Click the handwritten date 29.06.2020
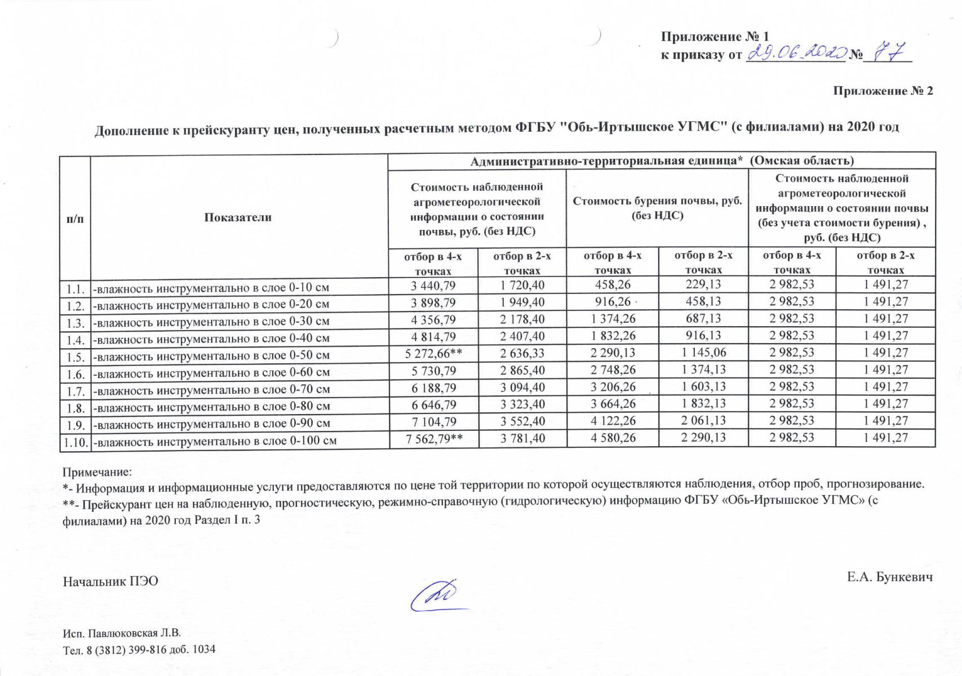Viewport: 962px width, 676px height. [796, 53]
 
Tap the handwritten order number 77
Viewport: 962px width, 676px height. [889, 52]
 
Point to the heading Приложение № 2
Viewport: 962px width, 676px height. [883, 91]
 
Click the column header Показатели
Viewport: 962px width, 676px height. [238, 217]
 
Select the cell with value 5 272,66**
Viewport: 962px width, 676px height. [433, 354]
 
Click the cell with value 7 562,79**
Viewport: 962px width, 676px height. [434, 438]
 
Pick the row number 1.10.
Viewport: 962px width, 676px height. [75, 442]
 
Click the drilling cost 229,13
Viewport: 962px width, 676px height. [703, 284]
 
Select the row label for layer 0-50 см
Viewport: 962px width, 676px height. [211, 356]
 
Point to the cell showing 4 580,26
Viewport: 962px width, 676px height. [613, 438]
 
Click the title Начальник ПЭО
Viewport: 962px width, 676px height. [110, 581]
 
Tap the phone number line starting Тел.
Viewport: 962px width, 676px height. [139, 650]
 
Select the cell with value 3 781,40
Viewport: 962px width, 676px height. [522, 438]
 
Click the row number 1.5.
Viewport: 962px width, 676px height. [75, 357]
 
